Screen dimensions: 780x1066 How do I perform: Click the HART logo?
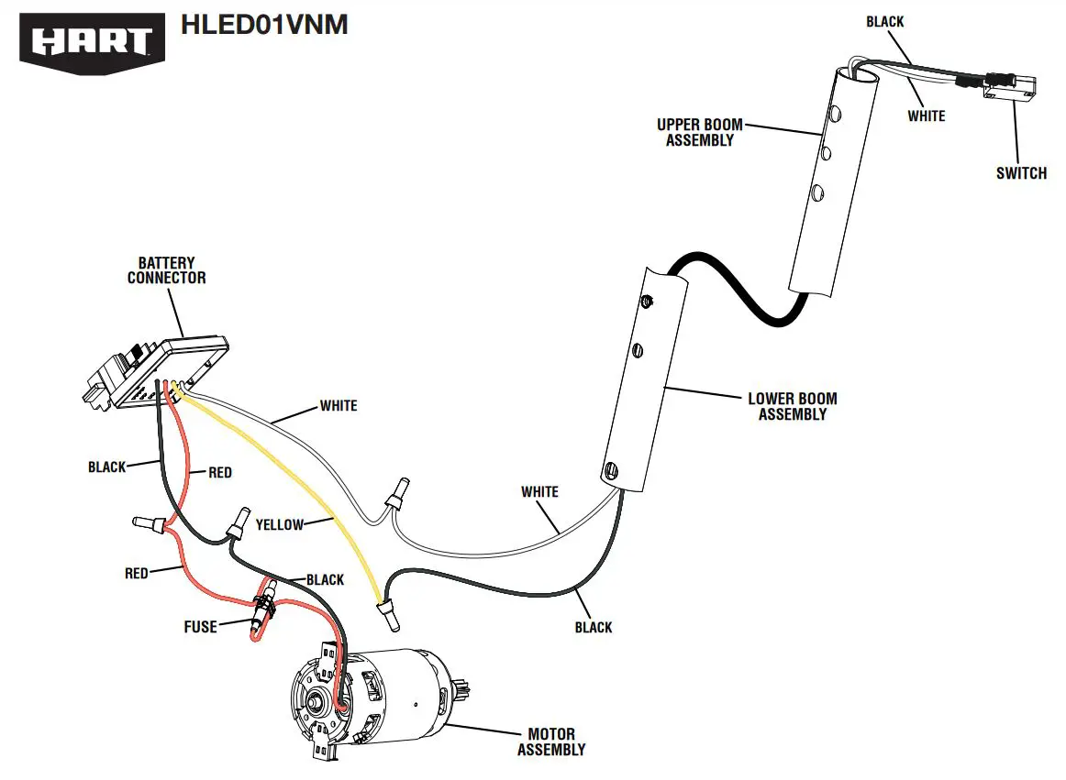[x=92, y=40]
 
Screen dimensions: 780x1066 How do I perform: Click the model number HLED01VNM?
[x=264, y=25]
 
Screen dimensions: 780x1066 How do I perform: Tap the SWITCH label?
[x=1021, y=172]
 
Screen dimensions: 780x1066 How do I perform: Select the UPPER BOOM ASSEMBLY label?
[x=700, y=133]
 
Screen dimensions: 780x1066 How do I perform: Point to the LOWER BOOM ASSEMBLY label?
[x=793, y=406]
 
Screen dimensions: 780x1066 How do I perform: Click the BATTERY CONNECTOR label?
[x=166, y=270]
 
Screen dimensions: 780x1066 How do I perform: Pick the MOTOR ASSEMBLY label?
[x=550, y=742]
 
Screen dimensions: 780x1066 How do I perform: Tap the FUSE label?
[x=200, y=627]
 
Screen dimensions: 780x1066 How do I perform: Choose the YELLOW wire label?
[x=279, y=524]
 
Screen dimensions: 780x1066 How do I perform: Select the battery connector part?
[x=156, y=371]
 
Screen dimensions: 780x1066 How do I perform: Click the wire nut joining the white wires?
[x=397, y=495]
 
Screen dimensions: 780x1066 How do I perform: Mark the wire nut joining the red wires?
[x=151, y=525]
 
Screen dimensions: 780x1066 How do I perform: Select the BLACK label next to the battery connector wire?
[x=107, y=467]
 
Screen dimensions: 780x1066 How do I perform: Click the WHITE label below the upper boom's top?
[x=926, y=116]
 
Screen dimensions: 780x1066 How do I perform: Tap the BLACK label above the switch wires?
[x=884, y=21]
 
